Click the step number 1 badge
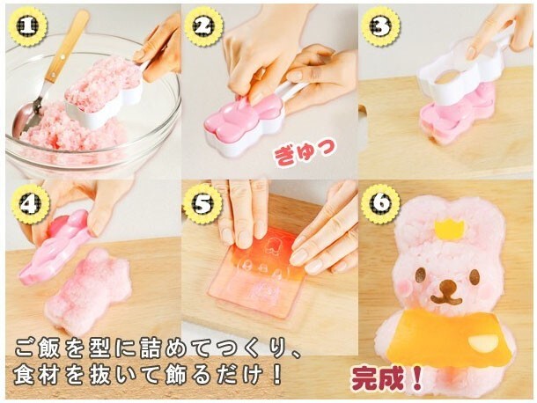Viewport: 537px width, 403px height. (x=28, y=26)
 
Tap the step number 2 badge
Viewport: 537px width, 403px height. (x=203, y=26)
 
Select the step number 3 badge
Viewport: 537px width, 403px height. (x=380, y=26)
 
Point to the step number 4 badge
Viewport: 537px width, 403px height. (x=30, y=205)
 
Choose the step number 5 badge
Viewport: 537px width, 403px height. (x=202, y=205)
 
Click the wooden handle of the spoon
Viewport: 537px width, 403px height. (x=67, y=47)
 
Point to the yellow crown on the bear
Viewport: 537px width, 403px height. (x=449, y=228)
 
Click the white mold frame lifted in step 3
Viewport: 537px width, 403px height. (x=456, y=73)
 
